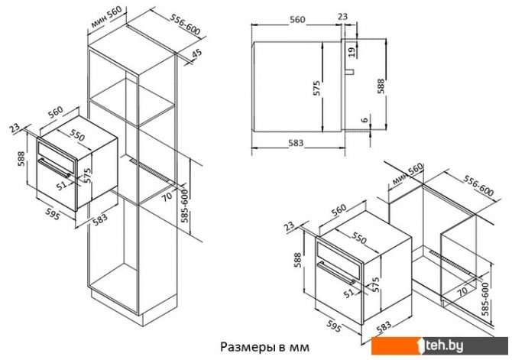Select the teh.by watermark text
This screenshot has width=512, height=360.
tap(481, 346)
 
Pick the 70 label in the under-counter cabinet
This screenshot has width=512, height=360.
tap(462, 290)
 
